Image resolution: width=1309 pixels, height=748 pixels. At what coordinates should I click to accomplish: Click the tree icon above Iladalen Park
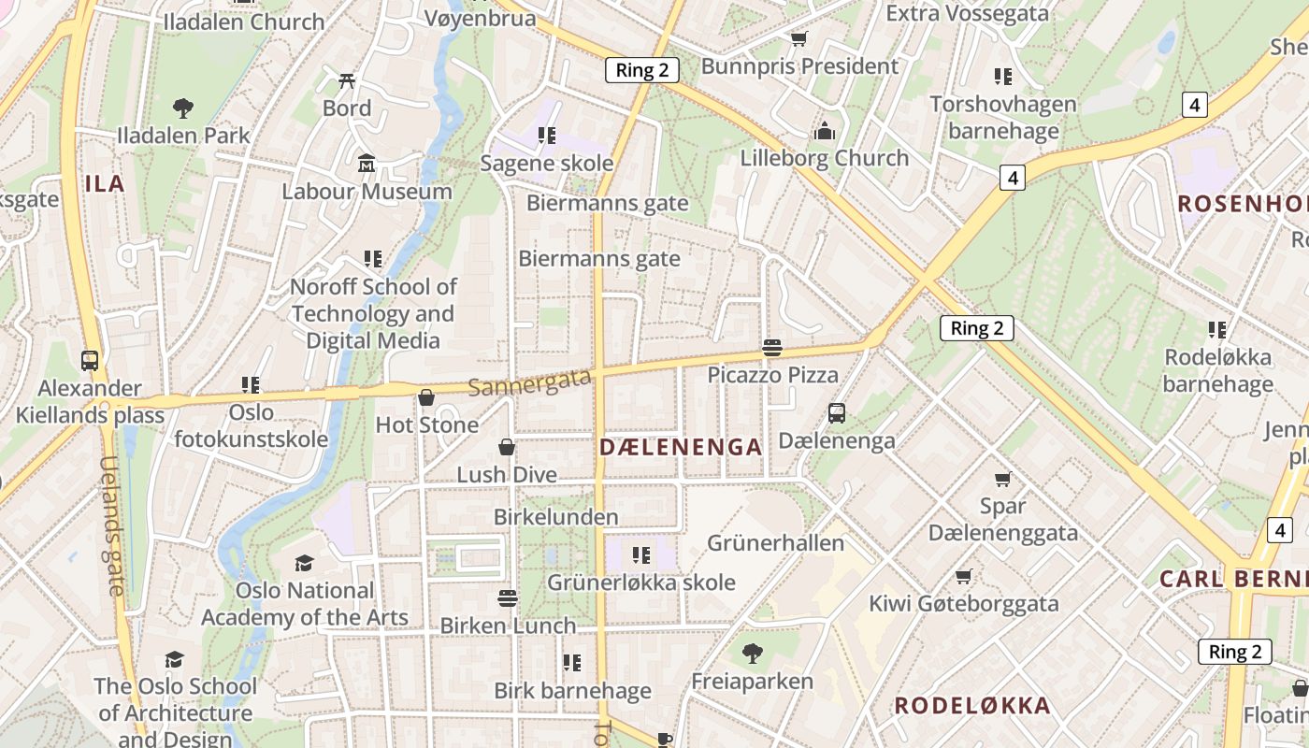[x=183, y=108]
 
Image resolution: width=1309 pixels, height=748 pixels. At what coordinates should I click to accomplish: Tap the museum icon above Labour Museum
[x=367, y=164]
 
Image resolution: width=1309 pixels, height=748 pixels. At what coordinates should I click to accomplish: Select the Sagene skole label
[x=547, y=164]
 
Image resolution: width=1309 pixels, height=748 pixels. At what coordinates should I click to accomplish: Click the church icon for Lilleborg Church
[x=825, y=131]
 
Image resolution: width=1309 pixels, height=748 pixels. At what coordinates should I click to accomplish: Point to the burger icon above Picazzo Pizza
[x=772, y=348]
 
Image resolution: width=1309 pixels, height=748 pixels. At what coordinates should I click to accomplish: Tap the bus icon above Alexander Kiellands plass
[x=90, y=360]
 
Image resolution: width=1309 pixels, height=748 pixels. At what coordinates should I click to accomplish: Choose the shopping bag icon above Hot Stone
[x=426, y=397]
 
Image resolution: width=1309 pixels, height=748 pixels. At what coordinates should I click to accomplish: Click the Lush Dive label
[x=506, y=475]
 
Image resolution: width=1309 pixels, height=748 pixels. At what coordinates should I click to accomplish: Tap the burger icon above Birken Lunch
[x=508, y=597]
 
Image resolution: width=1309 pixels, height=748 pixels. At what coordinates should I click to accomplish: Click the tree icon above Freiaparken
[x=752, y=654]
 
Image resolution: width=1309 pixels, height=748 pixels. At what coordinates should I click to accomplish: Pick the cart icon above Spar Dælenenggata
[x=1003, y=479]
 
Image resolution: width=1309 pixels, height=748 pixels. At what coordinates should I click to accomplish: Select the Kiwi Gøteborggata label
[x=964, y=604]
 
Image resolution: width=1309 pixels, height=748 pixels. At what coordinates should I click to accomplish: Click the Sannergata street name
[x=529, y=381]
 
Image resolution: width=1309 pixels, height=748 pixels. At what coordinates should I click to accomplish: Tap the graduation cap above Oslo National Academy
[x=304, y=563]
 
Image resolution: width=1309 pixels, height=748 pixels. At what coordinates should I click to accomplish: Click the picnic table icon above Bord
[x=347, y=81]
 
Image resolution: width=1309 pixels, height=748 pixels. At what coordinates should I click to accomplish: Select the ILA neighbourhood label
[x=105, y=183]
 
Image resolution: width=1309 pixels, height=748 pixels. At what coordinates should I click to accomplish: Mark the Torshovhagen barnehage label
[x=1003, y=117]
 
